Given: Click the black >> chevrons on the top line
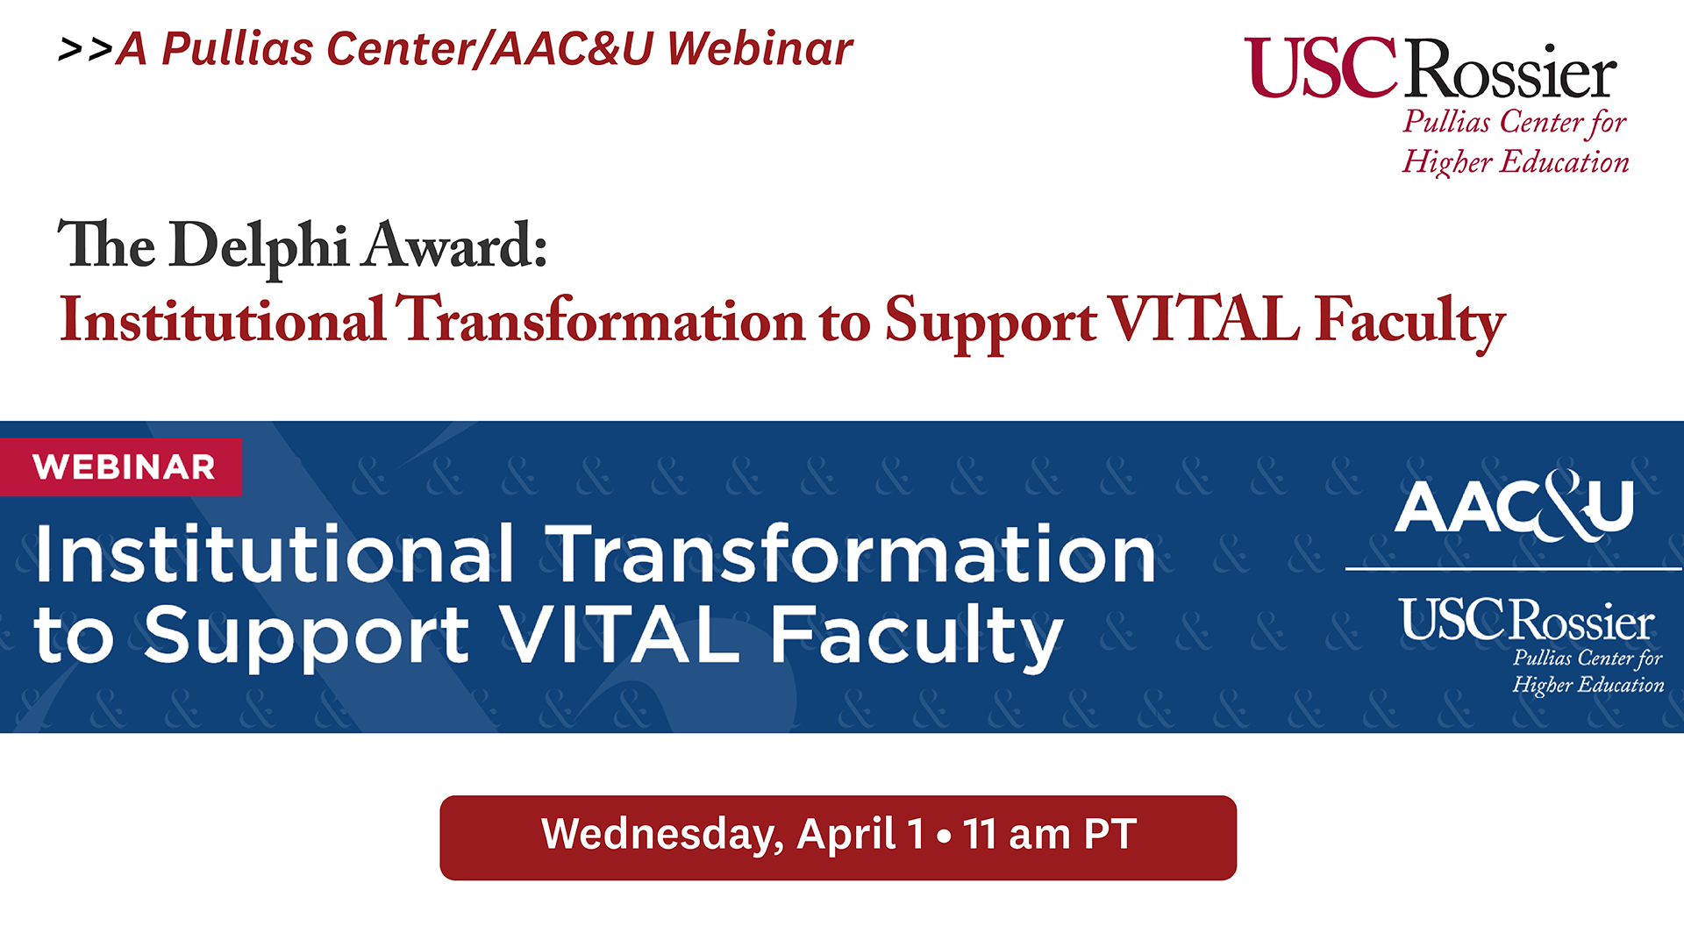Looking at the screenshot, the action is (x=85, y=50).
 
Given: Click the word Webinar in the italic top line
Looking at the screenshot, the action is (x=760, y=48).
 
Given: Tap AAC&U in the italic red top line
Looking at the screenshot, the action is (x=572, y=48).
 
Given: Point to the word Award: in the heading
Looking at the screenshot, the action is (x=456, y=245).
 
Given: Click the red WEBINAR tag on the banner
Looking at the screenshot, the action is (x=121, y=466).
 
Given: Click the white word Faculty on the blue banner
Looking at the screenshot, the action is (x=917, y=637).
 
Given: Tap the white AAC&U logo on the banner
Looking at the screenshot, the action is (x=1515, y=505).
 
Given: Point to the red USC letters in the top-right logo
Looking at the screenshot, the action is (x=1321, y=68).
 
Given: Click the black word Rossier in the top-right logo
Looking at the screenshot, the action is (x=1512, y=70).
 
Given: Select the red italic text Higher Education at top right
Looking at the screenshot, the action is (x=1516, y=161).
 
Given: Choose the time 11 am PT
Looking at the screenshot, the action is (x=1050, y=834).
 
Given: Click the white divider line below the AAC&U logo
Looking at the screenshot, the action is (x=1514, y=569).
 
